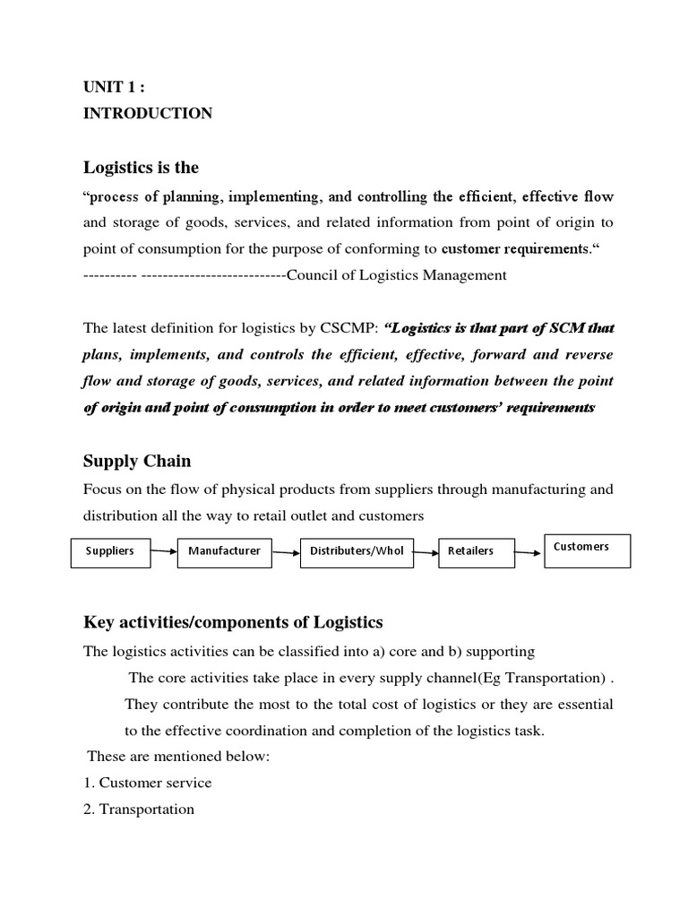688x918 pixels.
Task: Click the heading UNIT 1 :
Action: pyautogui.click(x=113, y=87)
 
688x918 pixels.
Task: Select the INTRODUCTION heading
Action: pyautogui.click(x=148, y=113)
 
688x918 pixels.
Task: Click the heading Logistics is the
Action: pyautogui.click(x=141, y=167)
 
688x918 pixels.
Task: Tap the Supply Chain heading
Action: pyautogui.click(x=137, y=461)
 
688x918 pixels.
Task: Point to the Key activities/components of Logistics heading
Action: pyautogui.click(x=233, y=622)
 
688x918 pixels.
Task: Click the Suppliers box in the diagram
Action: pyautogui.click(x=110, y=551)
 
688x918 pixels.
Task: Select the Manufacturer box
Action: pyautogui.click(x=225, y=551)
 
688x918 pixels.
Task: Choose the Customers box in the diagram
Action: pyautogui.click(x=588, y=550)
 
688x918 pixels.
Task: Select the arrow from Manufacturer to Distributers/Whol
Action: pyautogui.click(x=286, y=552)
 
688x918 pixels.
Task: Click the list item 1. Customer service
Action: pyautogui.click(x=147, y=783)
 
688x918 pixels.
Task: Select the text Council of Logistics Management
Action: pyautogui.click(x=396, y=275)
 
